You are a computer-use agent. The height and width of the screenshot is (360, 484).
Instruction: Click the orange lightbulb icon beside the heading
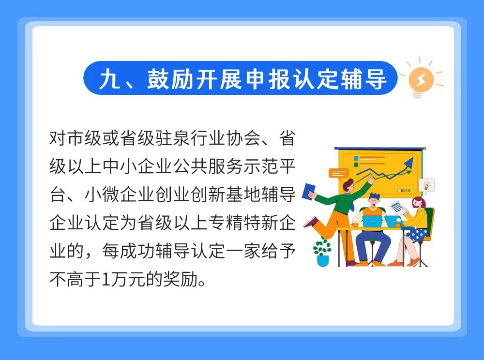pos(421,79)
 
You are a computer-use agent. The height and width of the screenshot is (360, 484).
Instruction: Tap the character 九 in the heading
pos(109,79)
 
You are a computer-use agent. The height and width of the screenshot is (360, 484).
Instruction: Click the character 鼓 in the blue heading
pos(157,79)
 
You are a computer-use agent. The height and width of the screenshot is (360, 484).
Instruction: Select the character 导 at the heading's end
pos(376,79)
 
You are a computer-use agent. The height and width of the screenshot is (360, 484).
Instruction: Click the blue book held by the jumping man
pos(308,192)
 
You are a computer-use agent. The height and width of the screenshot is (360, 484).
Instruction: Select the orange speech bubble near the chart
pos(338,174)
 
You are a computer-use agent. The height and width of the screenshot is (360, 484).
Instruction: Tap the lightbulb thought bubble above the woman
pos(426,186)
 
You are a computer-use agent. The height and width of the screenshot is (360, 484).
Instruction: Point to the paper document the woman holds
pos(398,208)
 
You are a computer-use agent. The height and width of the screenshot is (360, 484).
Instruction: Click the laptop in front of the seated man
pos(372,222)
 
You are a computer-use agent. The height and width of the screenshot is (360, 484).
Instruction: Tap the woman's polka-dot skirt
pos(417,235)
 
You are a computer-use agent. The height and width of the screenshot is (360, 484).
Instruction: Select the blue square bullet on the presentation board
pos(356,158)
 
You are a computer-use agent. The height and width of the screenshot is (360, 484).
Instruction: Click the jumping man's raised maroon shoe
pos(311,222)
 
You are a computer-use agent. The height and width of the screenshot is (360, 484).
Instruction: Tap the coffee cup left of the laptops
pos(355,224)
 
